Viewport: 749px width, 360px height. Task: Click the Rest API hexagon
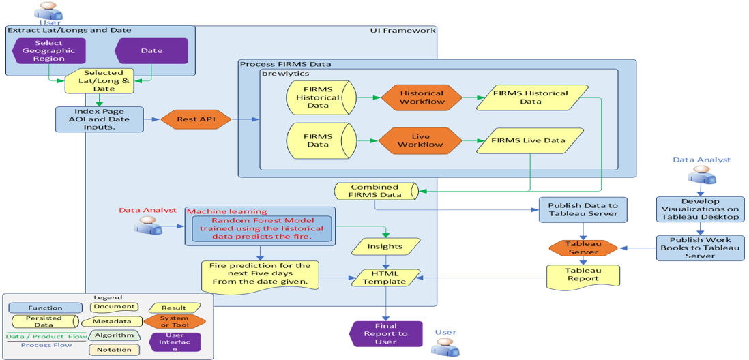(x=196, y=119)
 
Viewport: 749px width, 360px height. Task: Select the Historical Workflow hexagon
(x=422, y=97)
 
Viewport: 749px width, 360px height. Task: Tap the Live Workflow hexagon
(x=422, y=140)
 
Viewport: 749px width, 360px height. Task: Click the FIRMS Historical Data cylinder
(x=321, y=97)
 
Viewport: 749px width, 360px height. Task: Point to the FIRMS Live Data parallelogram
(x=529, y=140)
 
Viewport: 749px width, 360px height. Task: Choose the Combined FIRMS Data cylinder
(x=376, y=191)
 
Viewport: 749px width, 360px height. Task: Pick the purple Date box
(x=151, y=51)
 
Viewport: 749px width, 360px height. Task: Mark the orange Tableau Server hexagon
(x=583, y=248)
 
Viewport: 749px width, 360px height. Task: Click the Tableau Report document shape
(x=583, y=274)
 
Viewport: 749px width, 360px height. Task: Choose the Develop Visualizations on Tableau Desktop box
(x=701, y=209)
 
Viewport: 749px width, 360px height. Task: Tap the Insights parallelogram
(x=385, y=246)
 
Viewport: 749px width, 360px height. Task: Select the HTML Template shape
(x=385, y=277)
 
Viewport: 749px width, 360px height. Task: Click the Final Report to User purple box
(x=386, y=333)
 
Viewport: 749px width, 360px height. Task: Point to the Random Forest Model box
(x=262, y=229)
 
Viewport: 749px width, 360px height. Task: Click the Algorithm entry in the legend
(x=114, y=335)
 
